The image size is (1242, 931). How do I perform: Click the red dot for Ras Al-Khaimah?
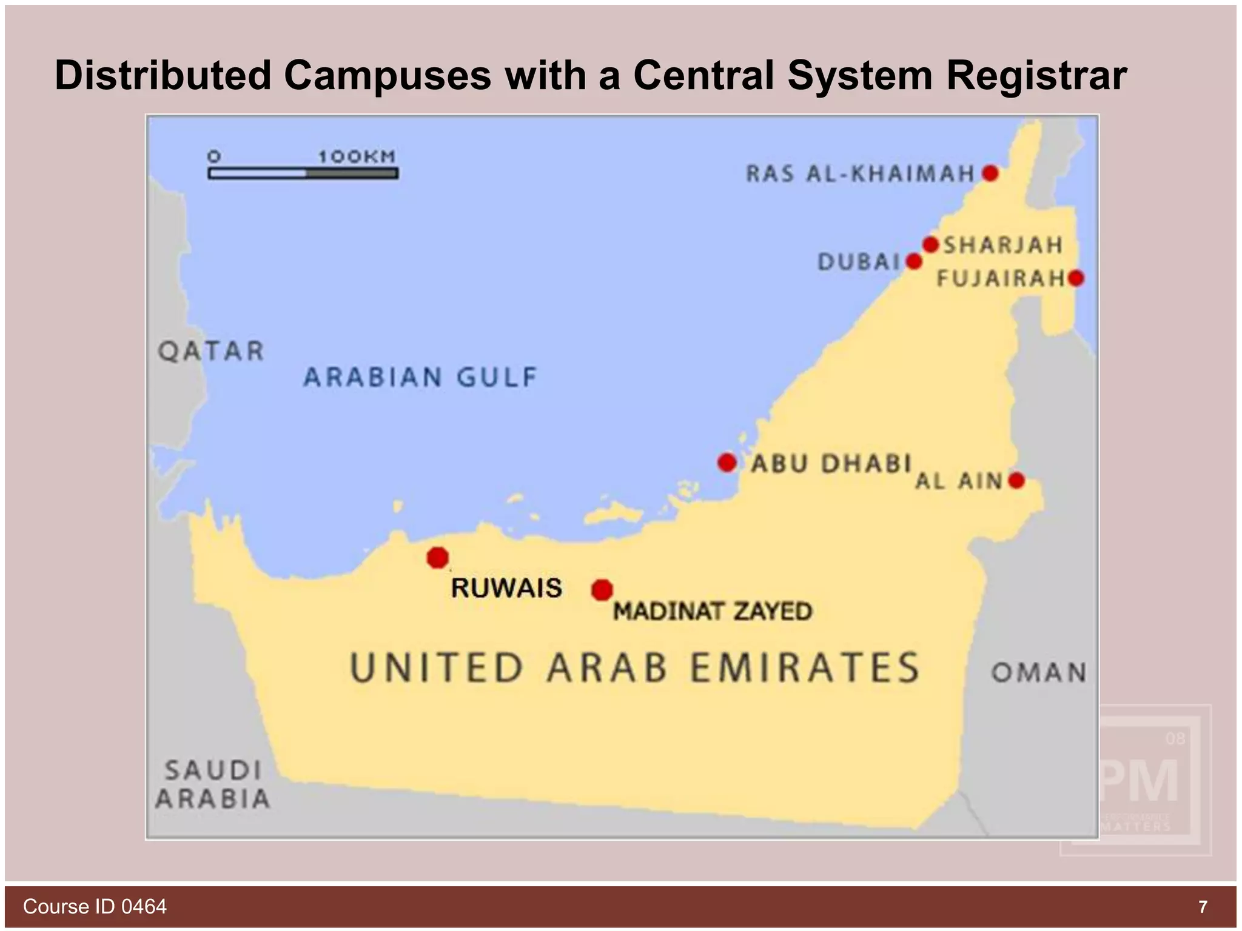tap(990, 173)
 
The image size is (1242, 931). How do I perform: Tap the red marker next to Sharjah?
tap(931, 245)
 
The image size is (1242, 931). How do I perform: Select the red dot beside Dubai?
tap(914, 262)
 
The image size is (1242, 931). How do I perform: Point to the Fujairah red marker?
tap(1076, 278)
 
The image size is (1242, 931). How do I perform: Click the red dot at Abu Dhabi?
tap(727, 462)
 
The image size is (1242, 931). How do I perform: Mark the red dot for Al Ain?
tap(1016, 481)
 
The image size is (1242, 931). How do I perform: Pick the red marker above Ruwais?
tap(437, 557)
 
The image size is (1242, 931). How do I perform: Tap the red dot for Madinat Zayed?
tap(602, 589)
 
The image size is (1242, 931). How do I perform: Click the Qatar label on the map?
tap(211, 351)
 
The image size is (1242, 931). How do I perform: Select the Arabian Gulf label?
tap(420, 377)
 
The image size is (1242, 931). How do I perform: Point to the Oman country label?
tap(1038, 672)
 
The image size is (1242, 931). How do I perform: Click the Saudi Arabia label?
tap(213, 784)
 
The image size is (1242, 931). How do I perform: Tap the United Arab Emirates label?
tap(634, 668)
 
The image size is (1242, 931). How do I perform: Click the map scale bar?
tap(303, 174)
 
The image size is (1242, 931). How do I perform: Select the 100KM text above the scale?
tap(357, 156)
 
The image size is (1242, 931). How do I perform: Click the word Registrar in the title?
tap(1036, 75)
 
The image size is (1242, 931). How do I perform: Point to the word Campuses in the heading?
tap(388, 75)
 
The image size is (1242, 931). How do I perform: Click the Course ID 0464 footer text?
tap(95, 906)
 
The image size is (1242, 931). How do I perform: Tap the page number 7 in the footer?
tap(1203, 907)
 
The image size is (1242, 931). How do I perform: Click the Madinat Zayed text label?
tap(712, 611)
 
